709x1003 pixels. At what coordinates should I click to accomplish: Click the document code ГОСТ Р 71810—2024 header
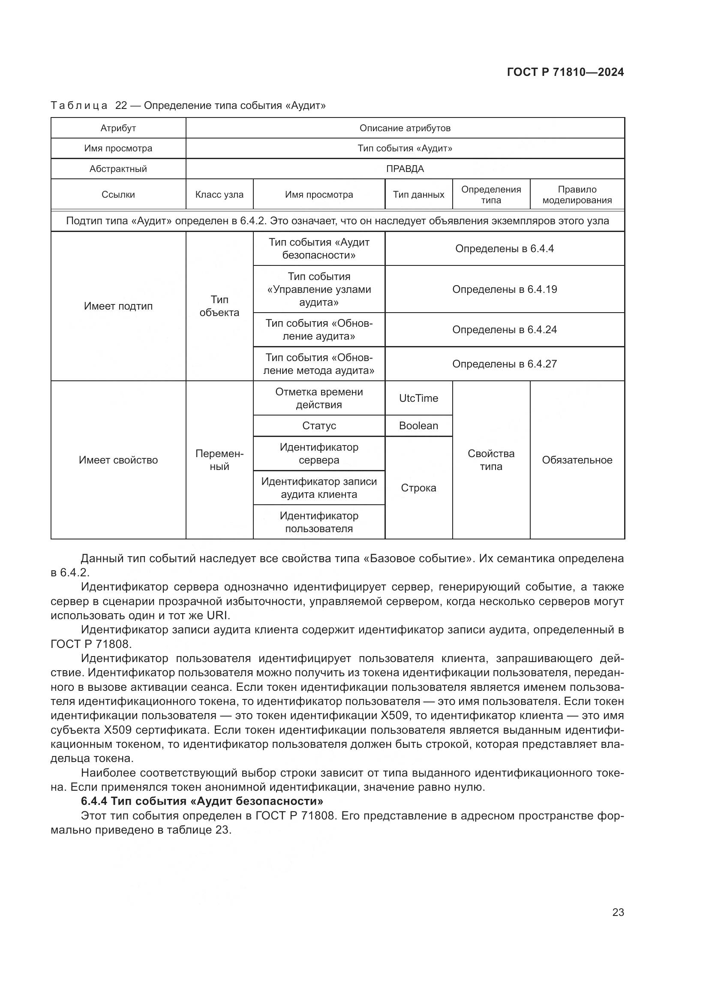click(x=565, y=72)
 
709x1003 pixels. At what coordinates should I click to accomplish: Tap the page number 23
click(x=618, y=912)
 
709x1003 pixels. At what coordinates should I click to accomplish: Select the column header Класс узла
click(x=219, y=195)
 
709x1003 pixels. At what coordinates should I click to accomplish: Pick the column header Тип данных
click(x=418, y=195)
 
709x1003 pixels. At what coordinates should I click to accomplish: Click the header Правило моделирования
click(x=577, y=195)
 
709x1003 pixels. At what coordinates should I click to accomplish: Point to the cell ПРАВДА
click(x=405, y=169)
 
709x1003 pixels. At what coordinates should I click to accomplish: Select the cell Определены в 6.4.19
click(x=504, y=289)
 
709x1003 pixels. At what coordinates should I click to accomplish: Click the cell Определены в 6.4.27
click(x=504, y=364)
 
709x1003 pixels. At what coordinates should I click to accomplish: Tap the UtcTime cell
click(x=418, y=398)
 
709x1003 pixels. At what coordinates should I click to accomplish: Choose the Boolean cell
click(x=418, y=426)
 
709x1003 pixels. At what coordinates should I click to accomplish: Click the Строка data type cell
click(x=418, y=488)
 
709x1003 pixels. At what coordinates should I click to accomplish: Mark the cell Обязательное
click(x=577, y=460)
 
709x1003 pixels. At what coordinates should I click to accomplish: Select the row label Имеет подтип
click(x=118, y=306)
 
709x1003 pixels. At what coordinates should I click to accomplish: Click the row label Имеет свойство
click(x=118, y=460)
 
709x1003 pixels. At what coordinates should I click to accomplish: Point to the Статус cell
click(x=318, y=426)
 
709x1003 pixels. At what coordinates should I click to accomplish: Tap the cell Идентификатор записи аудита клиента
click(x=318, y=488)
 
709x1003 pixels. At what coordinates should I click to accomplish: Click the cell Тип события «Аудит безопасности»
click(x=318, y=249)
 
